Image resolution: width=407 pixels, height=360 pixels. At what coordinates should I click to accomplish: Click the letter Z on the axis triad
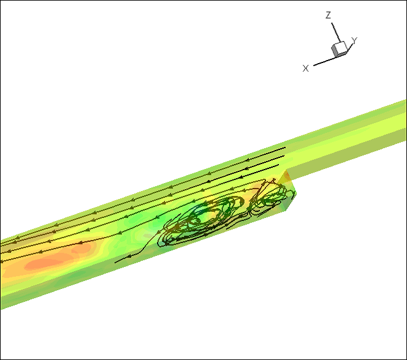pyautogui.click(x=329, y=15)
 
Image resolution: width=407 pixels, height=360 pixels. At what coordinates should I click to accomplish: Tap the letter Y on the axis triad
pyautogui.click(x=354, y=40)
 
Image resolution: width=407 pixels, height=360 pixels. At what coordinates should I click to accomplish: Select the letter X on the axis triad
pyautogui.click(x=306, y=69)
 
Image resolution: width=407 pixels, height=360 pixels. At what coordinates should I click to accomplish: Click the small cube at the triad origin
pyautogui.click(x=339, y=49)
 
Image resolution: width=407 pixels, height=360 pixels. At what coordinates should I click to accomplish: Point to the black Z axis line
pyautogui.click(x=336, y=32)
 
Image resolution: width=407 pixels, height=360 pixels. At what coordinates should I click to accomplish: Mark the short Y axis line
pyautogui.click(x=351, y=47)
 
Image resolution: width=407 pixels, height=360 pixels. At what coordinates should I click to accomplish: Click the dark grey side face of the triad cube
pyautogui.click(x=334, y=51)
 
